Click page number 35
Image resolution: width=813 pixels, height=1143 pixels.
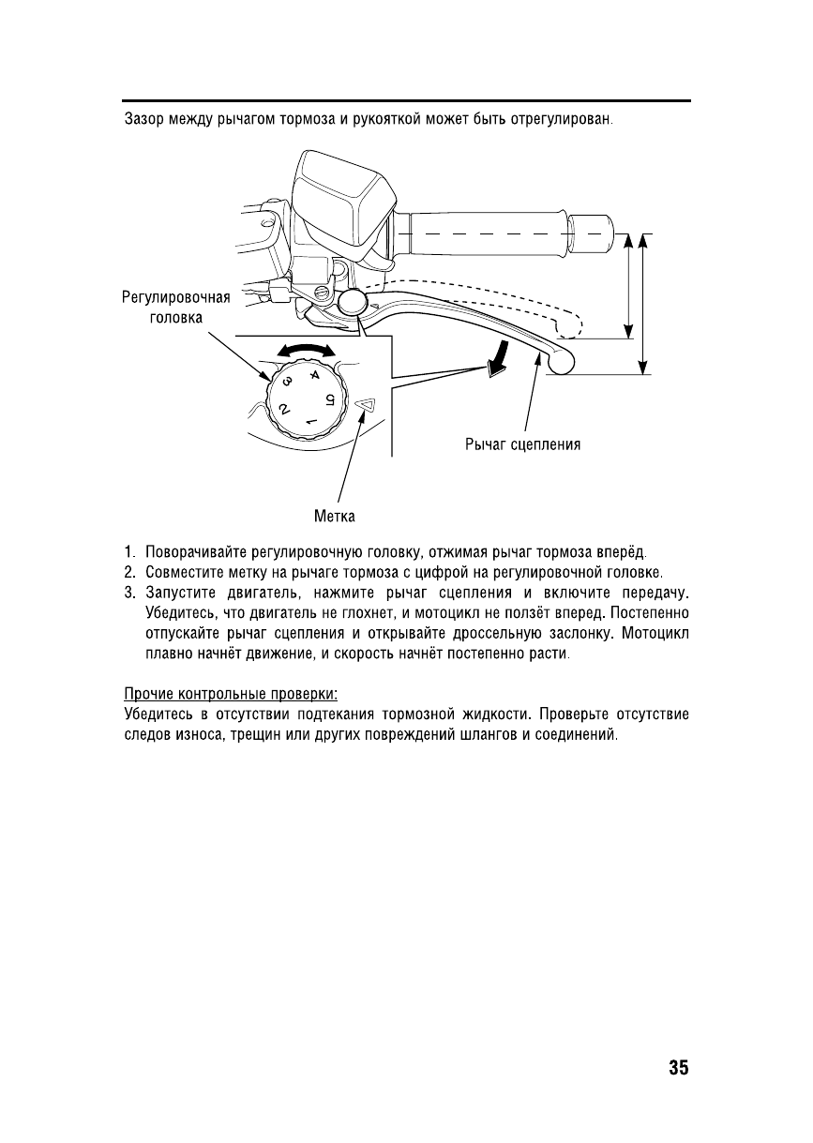click(678, 1068)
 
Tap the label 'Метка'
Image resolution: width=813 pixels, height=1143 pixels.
click(336, 515)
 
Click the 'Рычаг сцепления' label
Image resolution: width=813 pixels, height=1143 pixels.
click(522, 444)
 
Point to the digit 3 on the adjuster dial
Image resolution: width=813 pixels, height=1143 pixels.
click(287, 382)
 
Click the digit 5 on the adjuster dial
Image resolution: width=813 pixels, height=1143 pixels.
click(329, 400)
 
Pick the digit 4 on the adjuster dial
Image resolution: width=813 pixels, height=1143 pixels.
click(313, 376)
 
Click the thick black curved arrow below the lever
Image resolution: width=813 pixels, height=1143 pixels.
click(500, 357)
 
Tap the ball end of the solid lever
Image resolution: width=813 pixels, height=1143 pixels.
click(561, 361)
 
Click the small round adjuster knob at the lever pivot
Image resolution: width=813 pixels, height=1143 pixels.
click(352, 302)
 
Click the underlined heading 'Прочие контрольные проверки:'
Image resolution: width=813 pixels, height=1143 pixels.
click(231, 694)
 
